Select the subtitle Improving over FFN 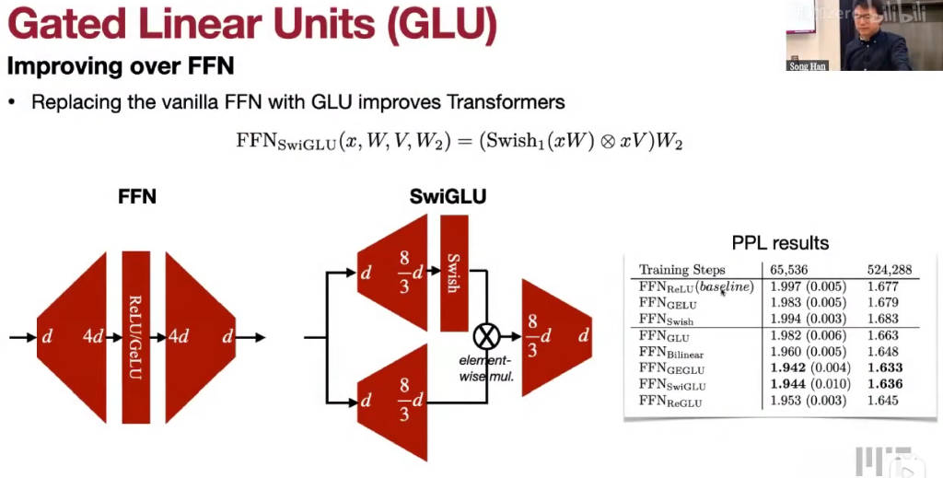coord(120,66)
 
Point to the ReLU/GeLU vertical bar coord(135,337)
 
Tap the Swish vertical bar coord(453,273)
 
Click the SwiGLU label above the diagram coord(448,195)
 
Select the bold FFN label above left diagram coord(136,196)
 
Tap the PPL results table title coord(781,243)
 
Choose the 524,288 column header coord(890,270)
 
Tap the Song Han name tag coord(807,66)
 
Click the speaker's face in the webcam coord(867,20)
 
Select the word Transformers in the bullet coord(511,101)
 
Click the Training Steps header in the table coord(682,270)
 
